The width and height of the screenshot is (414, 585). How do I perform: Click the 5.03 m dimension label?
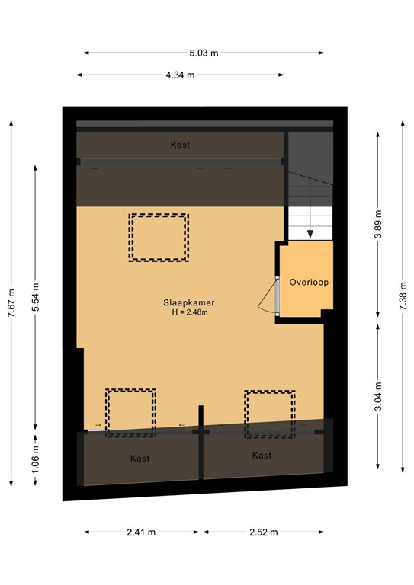coord(204,53)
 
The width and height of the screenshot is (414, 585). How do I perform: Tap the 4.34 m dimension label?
coord(180,75)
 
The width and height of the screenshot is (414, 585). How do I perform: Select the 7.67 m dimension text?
coord(10,301)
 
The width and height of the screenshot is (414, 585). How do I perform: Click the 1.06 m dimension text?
coord(36,459)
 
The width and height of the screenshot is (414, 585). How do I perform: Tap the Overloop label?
coord(308,283)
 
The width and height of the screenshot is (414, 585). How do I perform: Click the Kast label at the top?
coord(180,145)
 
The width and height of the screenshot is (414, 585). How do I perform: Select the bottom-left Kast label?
coord(140,459)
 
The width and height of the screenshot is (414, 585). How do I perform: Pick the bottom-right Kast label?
coord(262,456)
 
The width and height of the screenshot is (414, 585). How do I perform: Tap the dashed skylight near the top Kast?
coord(159,238)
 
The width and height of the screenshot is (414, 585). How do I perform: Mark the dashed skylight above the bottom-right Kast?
coord(270,414)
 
